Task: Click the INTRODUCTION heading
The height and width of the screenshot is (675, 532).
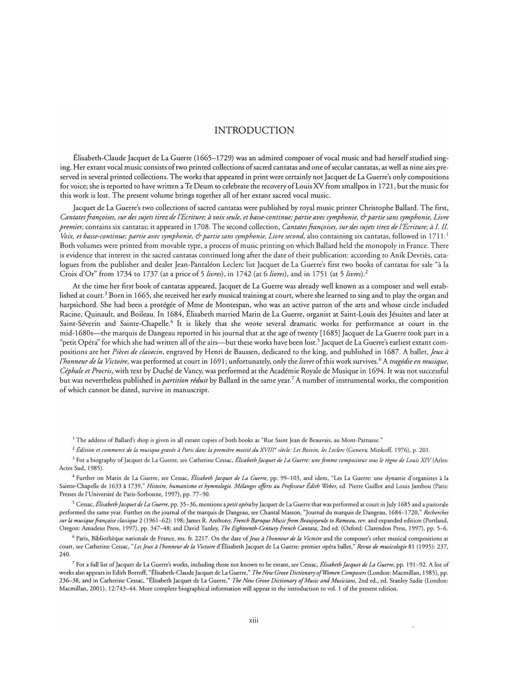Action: pyautogui.click(x=255, y=130)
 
